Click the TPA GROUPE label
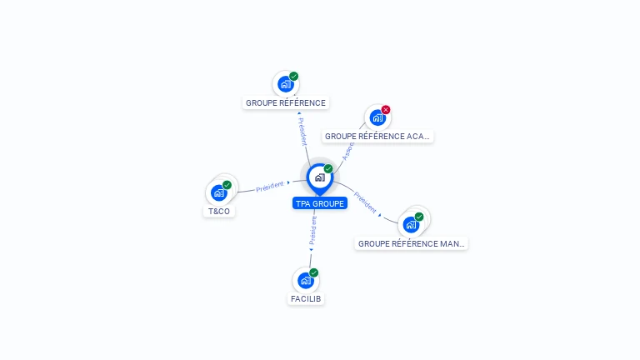(x=319, y=203)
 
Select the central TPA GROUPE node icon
(x=319, y=177)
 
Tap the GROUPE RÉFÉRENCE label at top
(x=286, y=103)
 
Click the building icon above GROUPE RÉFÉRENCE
(x=286, y=84)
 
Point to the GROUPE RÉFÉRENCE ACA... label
(x=377, y=136)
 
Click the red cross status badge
(x=386, y=110)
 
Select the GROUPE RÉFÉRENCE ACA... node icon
(x=377, y=117)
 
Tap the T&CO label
(x=219, y=212)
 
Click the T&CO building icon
(x=219, y=192)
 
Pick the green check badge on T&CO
(x=227, y=185)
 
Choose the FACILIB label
(x=306, y=298)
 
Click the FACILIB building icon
(x=306, y=280)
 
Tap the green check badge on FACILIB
(x=314, y=272)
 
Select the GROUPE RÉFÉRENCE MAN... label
(x=411, y=244)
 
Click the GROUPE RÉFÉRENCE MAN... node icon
(x=411, y=224)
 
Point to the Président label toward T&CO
(x=270, y=187)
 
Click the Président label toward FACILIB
(x=312, y=231)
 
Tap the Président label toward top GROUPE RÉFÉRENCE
(x=302, y=131)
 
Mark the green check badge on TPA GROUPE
(x=328, y=169)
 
